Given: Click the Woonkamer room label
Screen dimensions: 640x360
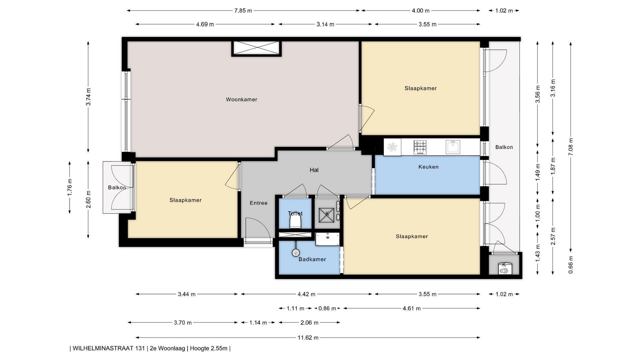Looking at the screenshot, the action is point(241,99).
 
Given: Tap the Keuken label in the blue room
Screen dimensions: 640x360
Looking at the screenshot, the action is point(428,167).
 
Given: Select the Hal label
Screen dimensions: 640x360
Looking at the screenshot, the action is point(314,170).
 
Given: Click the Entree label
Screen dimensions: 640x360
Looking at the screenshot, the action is point(259,203).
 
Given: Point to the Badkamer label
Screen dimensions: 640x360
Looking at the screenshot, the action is point(312,259).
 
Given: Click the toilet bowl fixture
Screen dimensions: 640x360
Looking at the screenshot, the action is point(295,221).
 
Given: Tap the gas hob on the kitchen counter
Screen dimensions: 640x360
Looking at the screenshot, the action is point(420,147).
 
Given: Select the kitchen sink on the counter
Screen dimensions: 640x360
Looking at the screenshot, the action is point(453,147).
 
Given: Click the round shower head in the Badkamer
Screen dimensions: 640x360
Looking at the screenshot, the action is point(296,253).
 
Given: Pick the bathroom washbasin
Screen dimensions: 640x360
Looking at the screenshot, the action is point(327,239).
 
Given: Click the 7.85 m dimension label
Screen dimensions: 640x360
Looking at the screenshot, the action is point(243,11).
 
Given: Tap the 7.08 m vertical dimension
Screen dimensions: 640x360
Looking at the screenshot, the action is point(571,147).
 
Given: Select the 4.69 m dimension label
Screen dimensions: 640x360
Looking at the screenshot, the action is point(205,24).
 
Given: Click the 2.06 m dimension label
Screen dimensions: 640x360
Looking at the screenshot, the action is point(309,322).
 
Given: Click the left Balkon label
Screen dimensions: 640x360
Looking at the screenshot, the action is point(117,188).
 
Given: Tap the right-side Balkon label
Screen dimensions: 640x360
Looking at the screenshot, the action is point(504,147).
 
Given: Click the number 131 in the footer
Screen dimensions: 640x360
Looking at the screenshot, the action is point(140,348).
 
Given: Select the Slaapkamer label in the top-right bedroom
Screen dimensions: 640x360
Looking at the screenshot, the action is point(421,88).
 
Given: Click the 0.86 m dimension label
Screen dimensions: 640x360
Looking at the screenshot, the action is point(327,308).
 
